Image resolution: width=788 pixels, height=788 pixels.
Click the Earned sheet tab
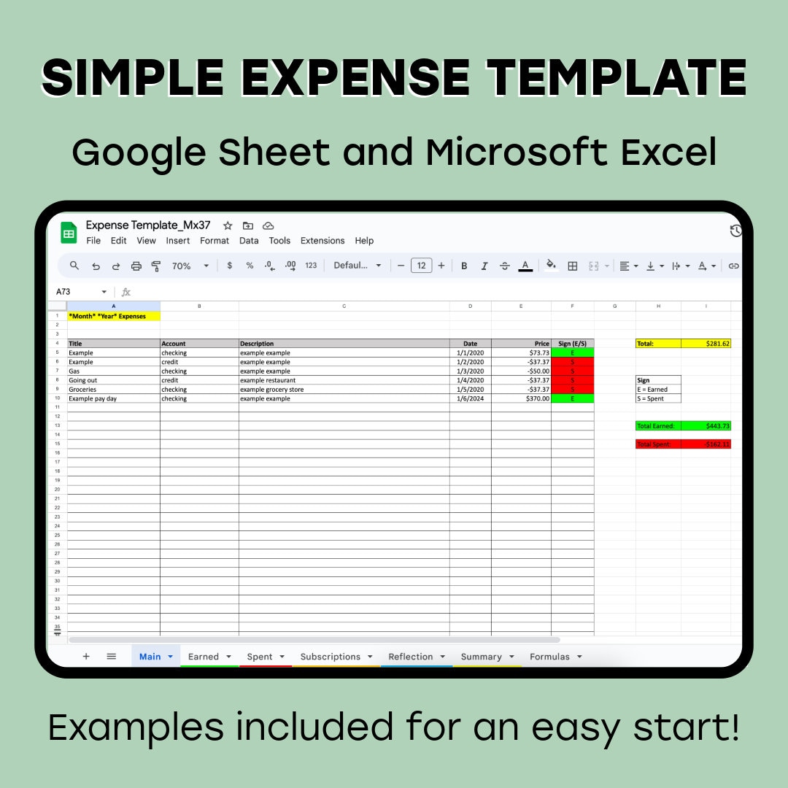pos(204,657)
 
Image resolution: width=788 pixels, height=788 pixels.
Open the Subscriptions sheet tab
pos(330,657)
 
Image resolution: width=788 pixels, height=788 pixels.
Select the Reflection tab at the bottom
pos(410,657)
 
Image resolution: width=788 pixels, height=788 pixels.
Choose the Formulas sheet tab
pos(549,657)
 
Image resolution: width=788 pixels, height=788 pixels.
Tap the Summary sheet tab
pos(481,657)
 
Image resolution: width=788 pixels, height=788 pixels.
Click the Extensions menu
pos(322,241)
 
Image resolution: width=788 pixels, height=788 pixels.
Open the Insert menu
pos(177,241)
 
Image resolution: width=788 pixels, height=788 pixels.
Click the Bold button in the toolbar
pos(464,266)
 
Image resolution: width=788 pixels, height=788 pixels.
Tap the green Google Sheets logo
pos(69,233)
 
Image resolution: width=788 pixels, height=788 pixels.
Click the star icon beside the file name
pos(228,225)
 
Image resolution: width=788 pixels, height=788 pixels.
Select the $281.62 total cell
pos(706,344)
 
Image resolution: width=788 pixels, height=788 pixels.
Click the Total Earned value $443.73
pos(706,426)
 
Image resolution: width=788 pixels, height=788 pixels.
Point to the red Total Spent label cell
pos(657,444)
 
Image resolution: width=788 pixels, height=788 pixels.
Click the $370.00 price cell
pos(521,398)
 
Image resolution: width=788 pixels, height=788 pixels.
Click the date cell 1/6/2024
pos(471,398)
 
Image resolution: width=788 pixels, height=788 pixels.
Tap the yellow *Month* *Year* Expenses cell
pos(113,317)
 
